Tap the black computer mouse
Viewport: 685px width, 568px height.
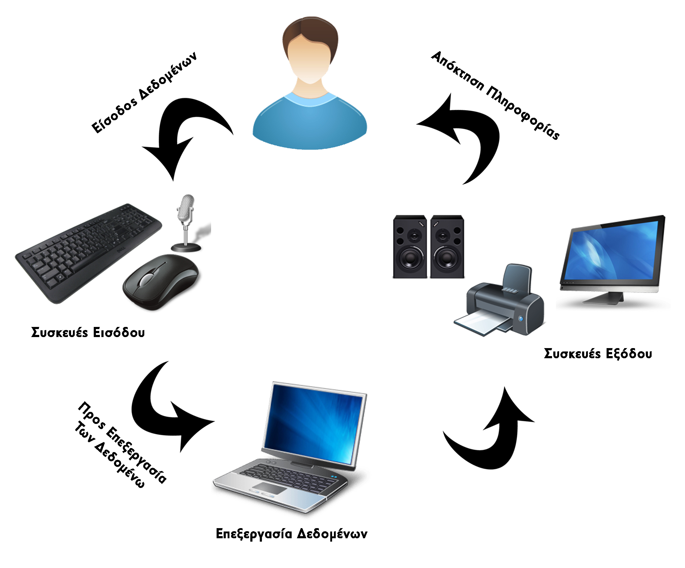[160, 281]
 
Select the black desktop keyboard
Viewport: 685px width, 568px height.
[88, 251]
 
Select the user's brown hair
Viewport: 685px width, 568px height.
[310, 31]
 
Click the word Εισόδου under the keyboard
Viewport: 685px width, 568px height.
[119, 332]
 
